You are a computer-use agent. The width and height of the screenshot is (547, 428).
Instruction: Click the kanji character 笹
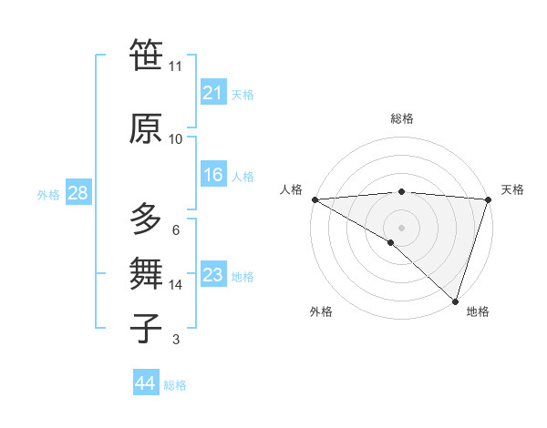pos(146,56)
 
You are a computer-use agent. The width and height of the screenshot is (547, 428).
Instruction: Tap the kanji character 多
pos(146,219)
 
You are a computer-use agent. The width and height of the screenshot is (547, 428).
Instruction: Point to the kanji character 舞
pos(146,274)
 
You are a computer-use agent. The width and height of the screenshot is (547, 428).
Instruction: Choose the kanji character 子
pos(146,329)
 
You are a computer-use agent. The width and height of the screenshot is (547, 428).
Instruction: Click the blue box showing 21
pos(213,92)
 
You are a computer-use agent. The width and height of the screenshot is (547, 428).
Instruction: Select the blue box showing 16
pos(213,175)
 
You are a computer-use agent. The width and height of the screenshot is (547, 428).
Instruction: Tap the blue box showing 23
pos(213,275)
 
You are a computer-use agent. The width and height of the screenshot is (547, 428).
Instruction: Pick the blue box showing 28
pos(77,193)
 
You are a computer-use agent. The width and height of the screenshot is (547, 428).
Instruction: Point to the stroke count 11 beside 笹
pos(175,66)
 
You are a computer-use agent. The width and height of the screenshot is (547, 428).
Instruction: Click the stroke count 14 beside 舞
pos(175,285)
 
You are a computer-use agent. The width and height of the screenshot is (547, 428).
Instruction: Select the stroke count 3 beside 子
pos(175,340)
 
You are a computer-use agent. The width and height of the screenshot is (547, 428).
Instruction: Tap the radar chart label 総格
pos(401,118)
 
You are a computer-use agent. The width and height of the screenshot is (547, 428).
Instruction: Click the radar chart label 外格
pos(321,312)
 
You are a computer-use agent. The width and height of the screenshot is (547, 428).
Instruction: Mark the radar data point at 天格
pos(489,199)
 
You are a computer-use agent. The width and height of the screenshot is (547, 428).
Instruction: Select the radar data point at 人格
pos(315,199)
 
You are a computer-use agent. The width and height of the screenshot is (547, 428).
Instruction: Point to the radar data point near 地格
pos(455,301)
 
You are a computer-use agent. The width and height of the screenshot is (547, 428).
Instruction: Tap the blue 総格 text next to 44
pos(175,385)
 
